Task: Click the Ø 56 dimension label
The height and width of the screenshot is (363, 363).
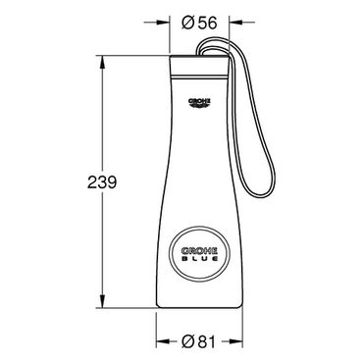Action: click(199, 23)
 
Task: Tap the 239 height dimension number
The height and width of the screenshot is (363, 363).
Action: click(102, 182)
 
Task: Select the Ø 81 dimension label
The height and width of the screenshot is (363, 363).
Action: click(198, 342)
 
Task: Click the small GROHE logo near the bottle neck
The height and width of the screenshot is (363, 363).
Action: click(199, 103)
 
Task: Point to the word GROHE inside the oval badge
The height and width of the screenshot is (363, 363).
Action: click(199, 251)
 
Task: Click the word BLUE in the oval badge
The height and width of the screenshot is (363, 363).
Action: click(199, 258)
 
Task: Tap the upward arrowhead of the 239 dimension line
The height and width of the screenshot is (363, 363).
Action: click(102, 62)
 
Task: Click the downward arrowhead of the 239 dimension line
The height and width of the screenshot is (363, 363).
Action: click(102, 301)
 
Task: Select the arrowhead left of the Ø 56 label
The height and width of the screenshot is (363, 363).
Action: click(164, 23)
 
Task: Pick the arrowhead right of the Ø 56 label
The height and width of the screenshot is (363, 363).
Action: click(235, 23)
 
